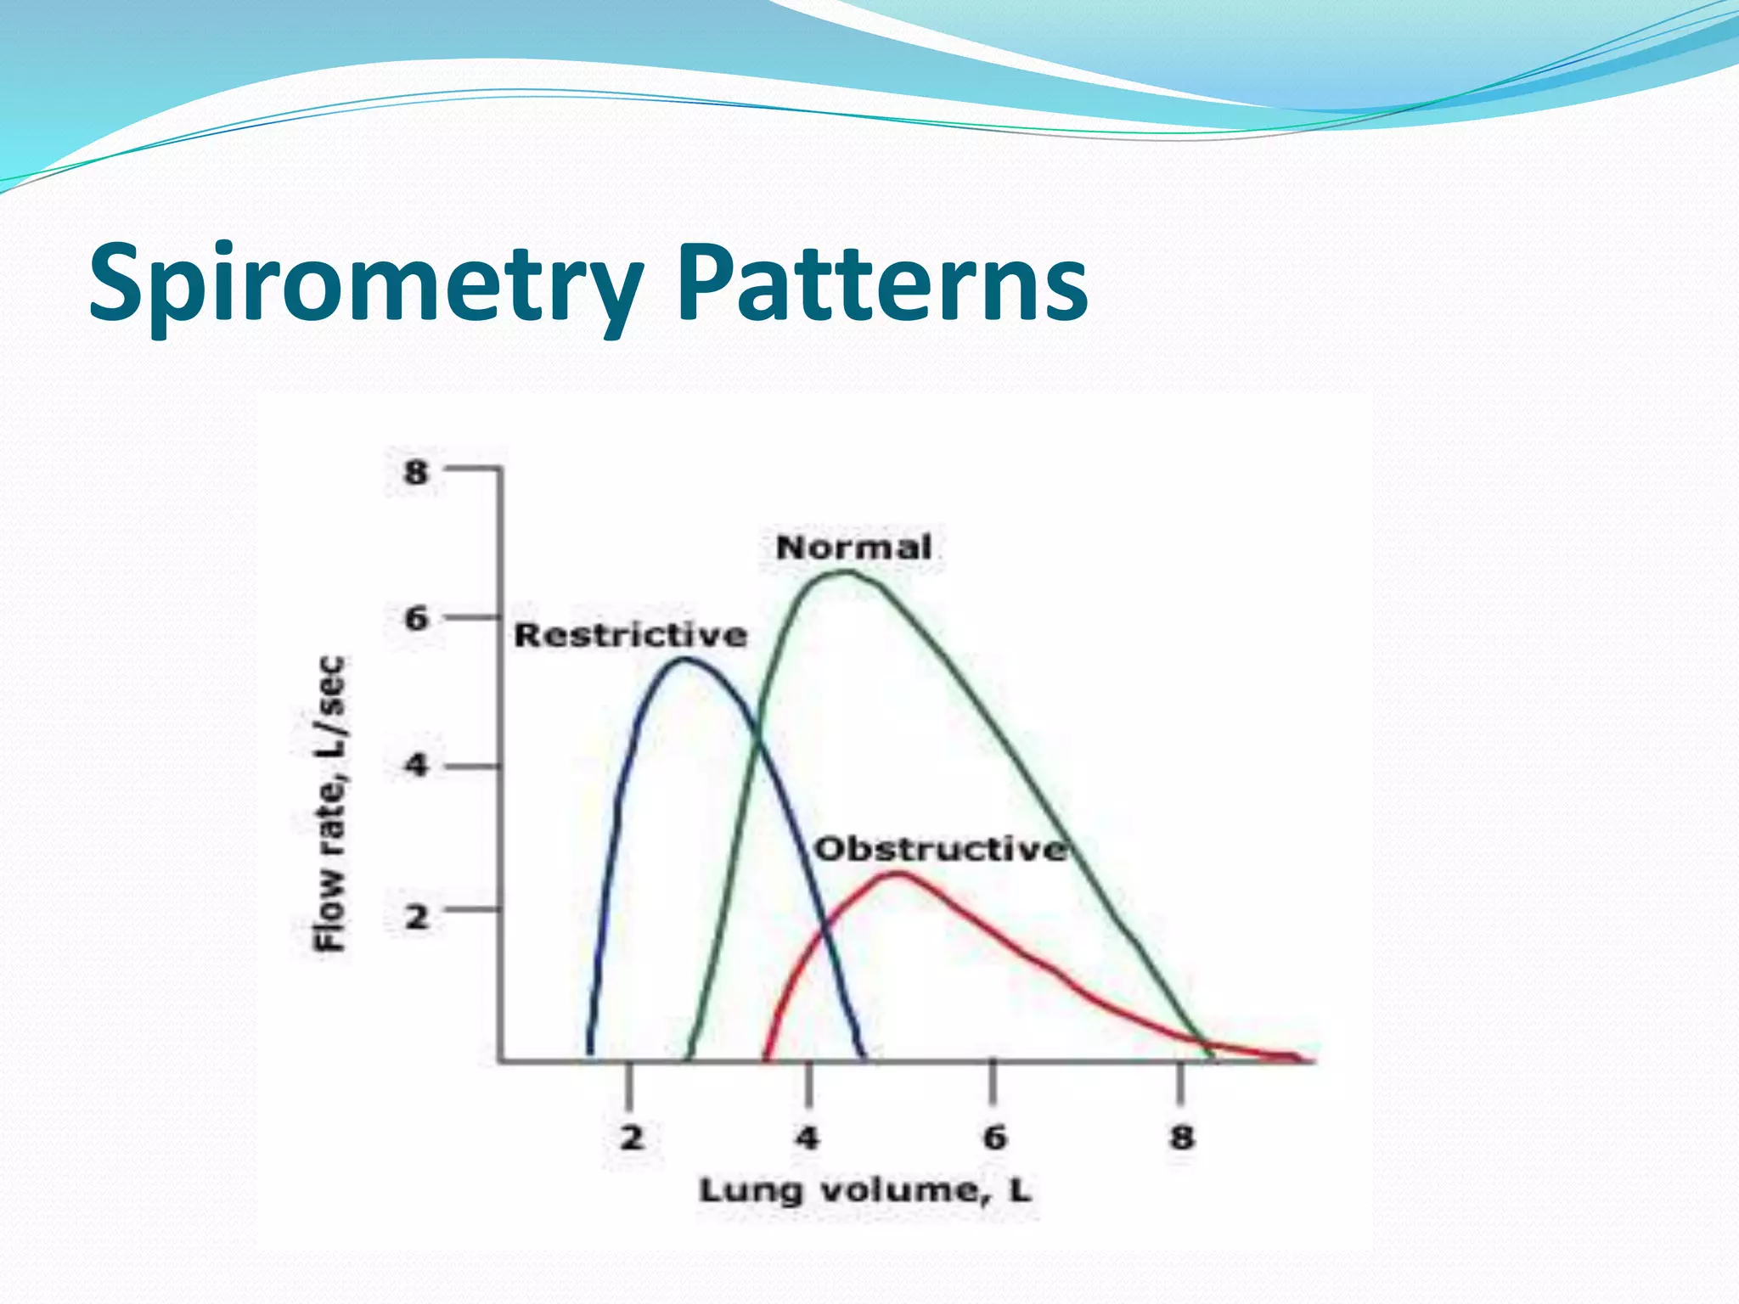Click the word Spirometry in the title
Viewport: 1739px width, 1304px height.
365,284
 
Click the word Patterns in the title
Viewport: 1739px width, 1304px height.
883,284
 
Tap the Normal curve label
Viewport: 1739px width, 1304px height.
853,548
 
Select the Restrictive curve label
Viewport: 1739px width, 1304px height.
631,635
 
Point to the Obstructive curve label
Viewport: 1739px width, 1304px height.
940,849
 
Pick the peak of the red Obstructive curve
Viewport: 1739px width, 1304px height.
898,874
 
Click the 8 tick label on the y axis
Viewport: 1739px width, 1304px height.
416,471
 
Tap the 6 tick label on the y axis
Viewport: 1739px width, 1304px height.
416,619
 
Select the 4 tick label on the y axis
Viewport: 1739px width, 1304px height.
416,767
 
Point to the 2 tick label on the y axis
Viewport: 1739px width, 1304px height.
416,916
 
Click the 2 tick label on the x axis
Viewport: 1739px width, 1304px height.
631,1138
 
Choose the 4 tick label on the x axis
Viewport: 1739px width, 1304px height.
808,1138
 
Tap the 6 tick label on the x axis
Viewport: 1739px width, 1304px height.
994,1138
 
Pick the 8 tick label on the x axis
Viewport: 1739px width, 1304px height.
1181,1138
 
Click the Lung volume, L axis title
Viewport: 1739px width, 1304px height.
864,1190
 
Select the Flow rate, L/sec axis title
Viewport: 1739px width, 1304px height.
331,803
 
